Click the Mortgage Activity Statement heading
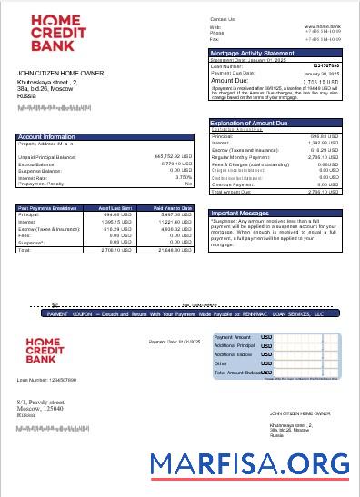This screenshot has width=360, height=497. (x=251, y=54)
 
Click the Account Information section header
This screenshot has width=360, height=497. (x=46, y=137)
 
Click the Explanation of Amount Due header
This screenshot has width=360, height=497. (x=248, y=123)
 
